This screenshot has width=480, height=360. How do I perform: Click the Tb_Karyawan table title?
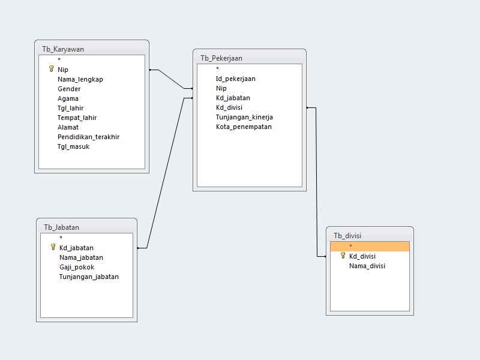63,49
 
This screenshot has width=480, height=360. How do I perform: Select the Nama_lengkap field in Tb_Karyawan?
80,79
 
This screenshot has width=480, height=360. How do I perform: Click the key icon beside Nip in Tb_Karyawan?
51,69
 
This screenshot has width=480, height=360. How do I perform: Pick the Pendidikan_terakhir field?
88,137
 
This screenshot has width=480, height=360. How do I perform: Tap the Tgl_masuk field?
73,146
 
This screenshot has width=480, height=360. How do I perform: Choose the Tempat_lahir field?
77,118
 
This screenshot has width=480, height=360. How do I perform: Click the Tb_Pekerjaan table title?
221,58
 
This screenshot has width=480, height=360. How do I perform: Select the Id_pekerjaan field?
236,79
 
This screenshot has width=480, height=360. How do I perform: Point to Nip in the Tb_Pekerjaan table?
221,88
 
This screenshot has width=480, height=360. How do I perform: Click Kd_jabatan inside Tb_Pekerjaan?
233,98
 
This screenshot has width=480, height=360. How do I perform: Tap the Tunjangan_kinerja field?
244,117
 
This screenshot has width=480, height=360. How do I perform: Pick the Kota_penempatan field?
244,127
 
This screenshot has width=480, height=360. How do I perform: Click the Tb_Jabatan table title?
61,227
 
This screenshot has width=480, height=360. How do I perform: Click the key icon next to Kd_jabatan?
53,247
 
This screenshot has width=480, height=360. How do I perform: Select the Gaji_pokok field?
76,267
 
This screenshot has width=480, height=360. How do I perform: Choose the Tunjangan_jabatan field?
89,277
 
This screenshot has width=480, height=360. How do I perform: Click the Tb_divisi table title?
347,236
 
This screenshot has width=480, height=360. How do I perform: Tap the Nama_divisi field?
367,266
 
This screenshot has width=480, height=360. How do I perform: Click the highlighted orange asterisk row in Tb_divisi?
370,246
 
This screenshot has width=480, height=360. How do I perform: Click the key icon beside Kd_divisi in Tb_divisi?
343,256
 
